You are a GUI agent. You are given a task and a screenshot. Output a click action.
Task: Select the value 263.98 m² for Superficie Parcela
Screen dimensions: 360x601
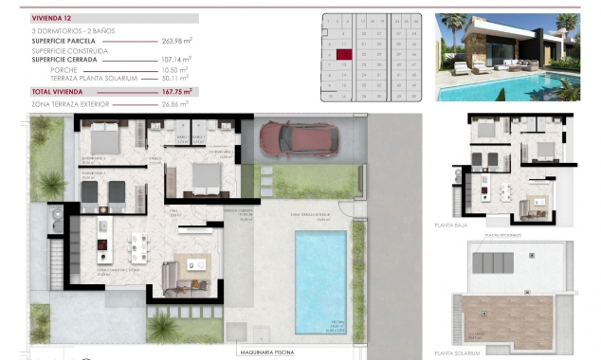click(176, 40)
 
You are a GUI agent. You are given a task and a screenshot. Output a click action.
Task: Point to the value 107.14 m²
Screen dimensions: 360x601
click(176, 59)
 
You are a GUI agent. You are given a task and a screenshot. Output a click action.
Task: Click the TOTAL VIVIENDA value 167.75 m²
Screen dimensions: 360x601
click(176, 91)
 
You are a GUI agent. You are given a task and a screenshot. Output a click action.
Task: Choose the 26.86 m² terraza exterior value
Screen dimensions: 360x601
click(176, 103)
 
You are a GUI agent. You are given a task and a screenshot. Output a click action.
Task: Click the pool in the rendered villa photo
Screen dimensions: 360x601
click(512, 87)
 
